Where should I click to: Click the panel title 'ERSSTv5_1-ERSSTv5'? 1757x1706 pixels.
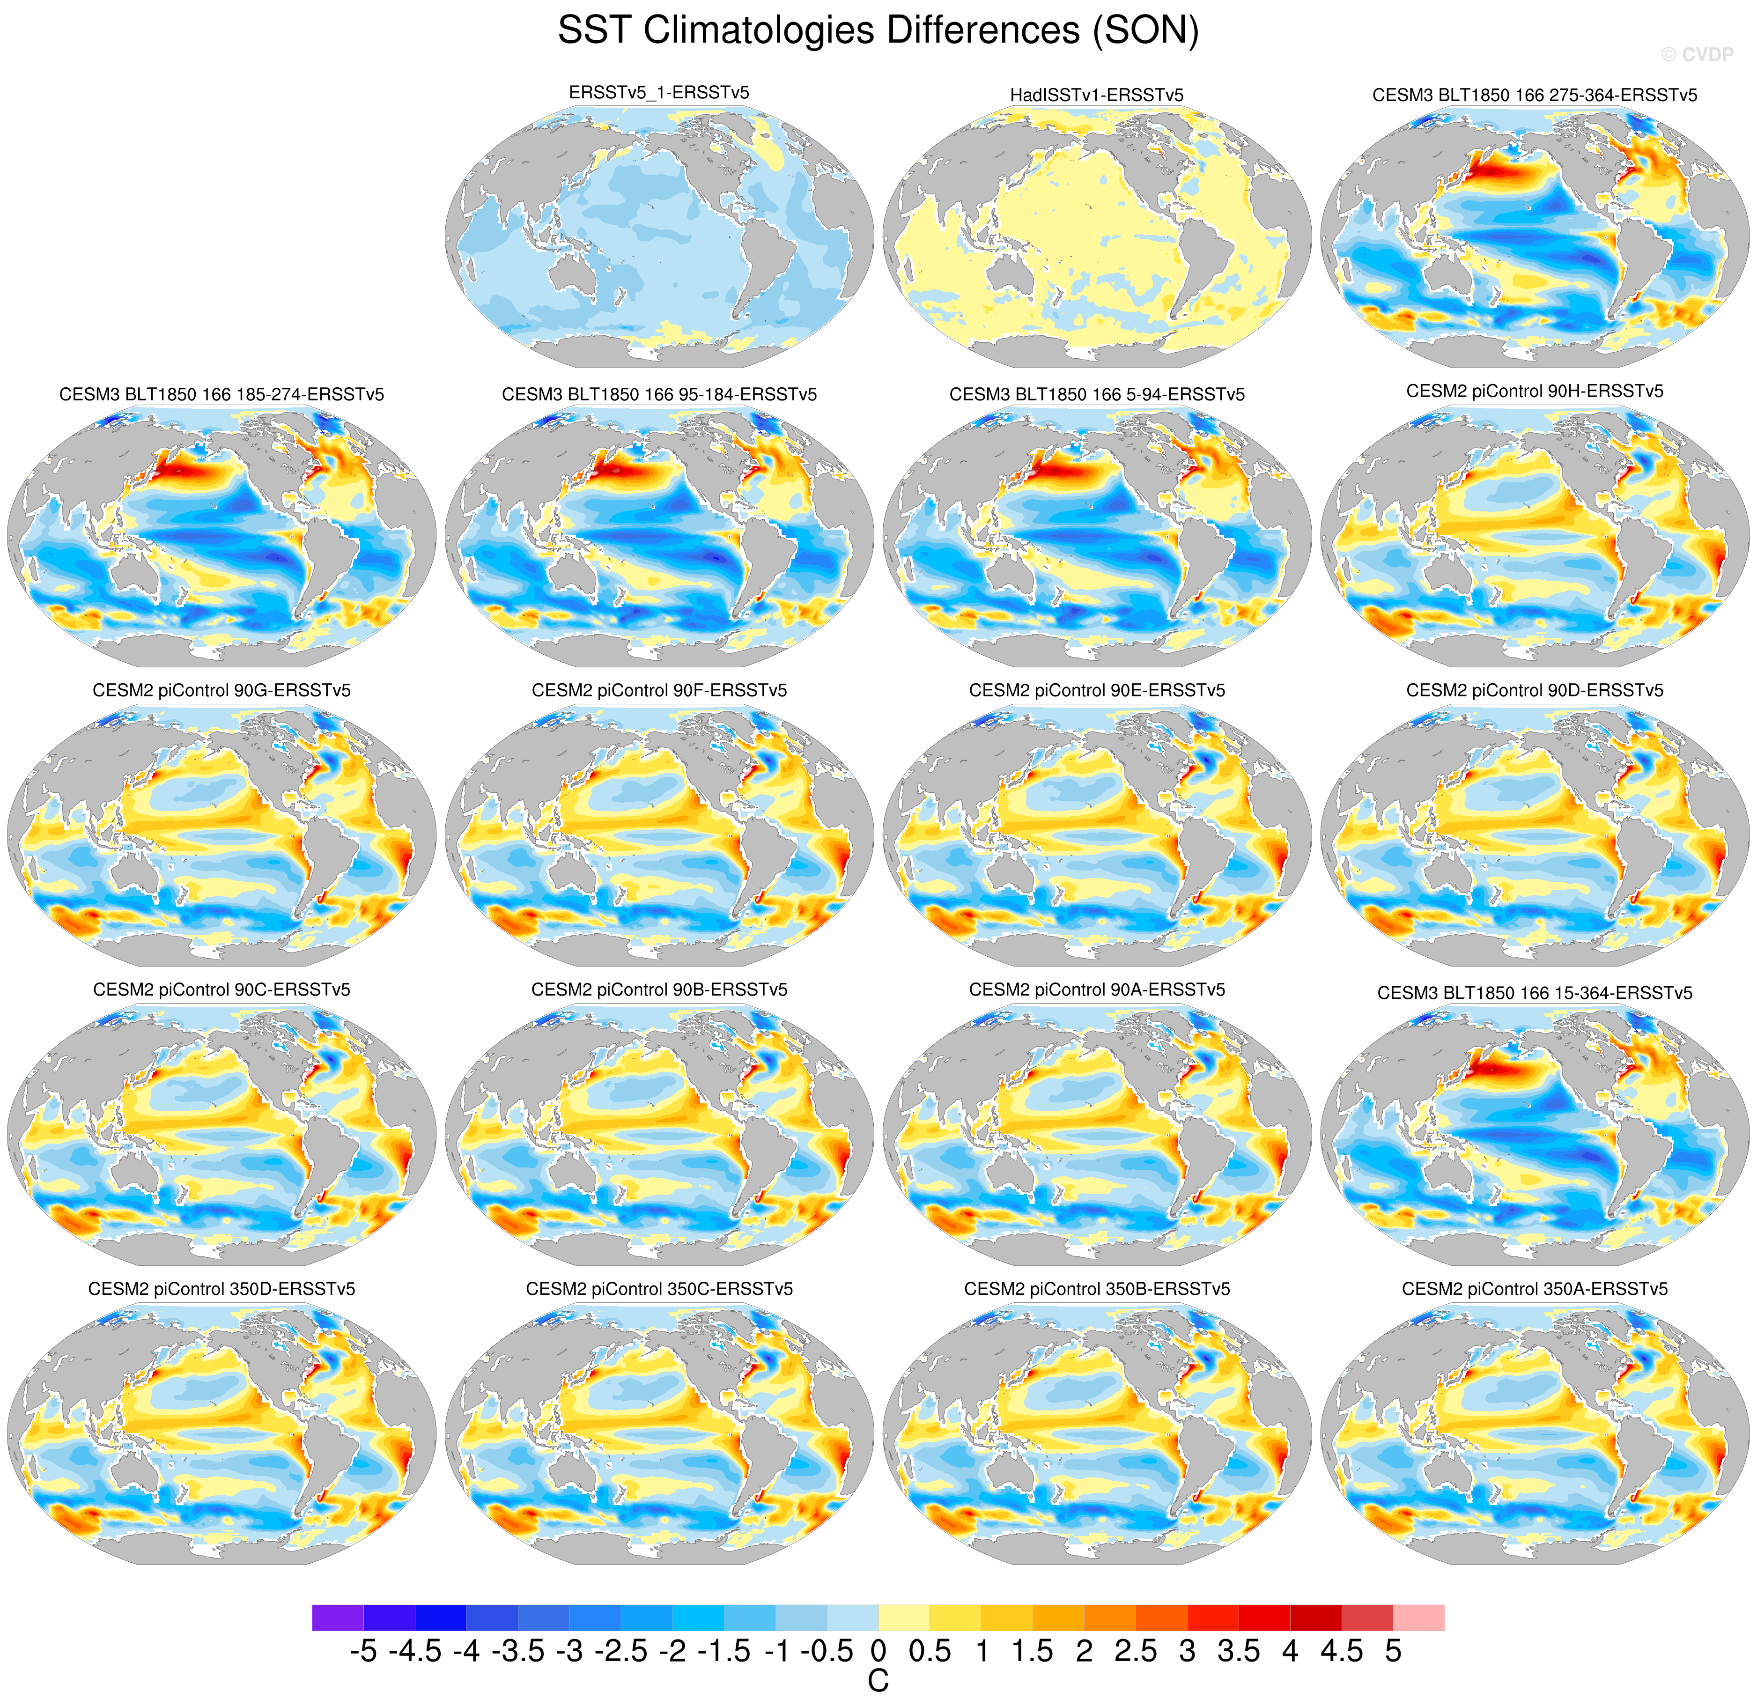(x=659, y=92)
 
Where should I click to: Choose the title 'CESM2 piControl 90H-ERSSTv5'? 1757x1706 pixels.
(x=1535, y=391)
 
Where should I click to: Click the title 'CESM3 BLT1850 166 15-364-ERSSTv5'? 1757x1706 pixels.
(x=1535, y=992)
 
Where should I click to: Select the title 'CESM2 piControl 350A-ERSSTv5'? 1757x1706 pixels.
(x=1535, y=1288)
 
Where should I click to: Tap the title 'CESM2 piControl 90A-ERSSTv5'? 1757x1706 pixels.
(x=1096, y=990)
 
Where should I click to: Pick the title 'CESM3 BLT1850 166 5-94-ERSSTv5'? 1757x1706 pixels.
(x=1096, y=394)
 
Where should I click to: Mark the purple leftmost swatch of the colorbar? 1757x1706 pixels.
(x=338, y=1617)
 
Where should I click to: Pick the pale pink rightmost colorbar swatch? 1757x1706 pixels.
(x=1419, y=1617)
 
